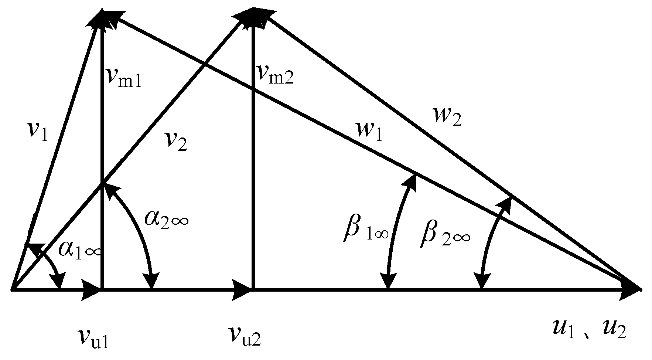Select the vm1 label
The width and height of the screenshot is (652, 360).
coord(123,77)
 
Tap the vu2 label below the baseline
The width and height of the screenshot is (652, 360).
coord(245,335)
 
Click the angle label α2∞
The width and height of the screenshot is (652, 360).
coord(167,219)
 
